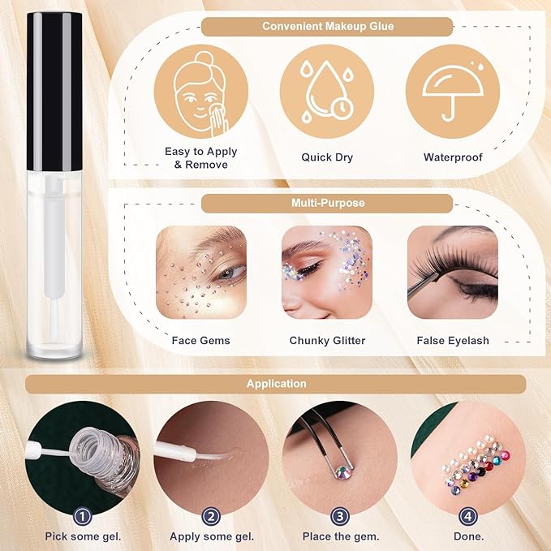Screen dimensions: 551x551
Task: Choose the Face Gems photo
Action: pos(200,272)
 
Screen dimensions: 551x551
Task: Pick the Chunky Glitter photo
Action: pos(326,272)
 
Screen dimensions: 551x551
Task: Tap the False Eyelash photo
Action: pos(452,272)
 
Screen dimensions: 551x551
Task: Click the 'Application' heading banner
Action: pos(276,384)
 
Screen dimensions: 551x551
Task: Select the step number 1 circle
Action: pos(80,514)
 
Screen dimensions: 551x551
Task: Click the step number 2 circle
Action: pos(210,514)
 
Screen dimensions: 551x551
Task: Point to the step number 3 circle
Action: pos(340,514)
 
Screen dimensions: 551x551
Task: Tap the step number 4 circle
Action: pos(468,514)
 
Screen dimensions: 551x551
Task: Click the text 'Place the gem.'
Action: pos(340,536)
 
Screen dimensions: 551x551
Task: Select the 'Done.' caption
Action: pos(468,536)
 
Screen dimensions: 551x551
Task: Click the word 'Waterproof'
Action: pos(452,157)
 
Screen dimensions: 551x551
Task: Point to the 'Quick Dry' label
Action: pos(326,157)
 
